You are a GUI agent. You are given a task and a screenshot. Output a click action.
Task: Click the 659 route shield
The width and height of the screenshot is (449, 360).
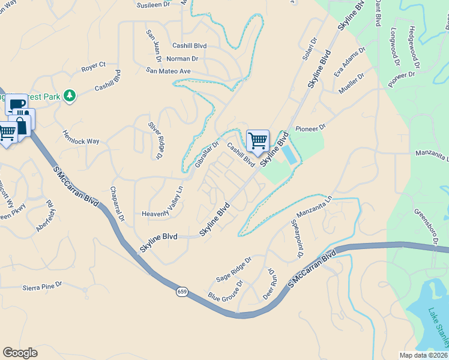(x=182, y=292)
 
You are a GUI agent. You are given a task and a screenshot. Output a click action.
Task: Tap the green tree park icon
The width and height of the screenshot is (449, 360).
(x=70, y=95)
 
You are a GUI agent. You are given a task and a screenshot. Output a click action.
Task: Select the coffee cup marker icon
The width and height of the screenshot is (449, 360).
(x=17, y=105)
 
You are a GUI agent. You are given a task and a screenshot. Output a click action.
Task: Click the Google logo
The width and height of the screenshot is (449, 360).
(x=20, y=353)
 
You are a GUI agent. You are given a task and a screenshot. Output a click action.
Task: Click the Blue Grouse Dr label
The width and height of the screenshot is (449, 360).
(x=225, y=290)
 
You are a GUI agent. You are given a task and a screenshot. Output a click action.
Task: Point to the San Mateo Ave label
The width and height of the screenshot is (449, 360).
(x=168, y=71)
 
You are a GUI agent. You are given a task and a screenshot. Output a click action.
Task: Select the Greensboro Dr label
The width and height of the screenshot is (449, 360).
(x=424, y=227)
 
